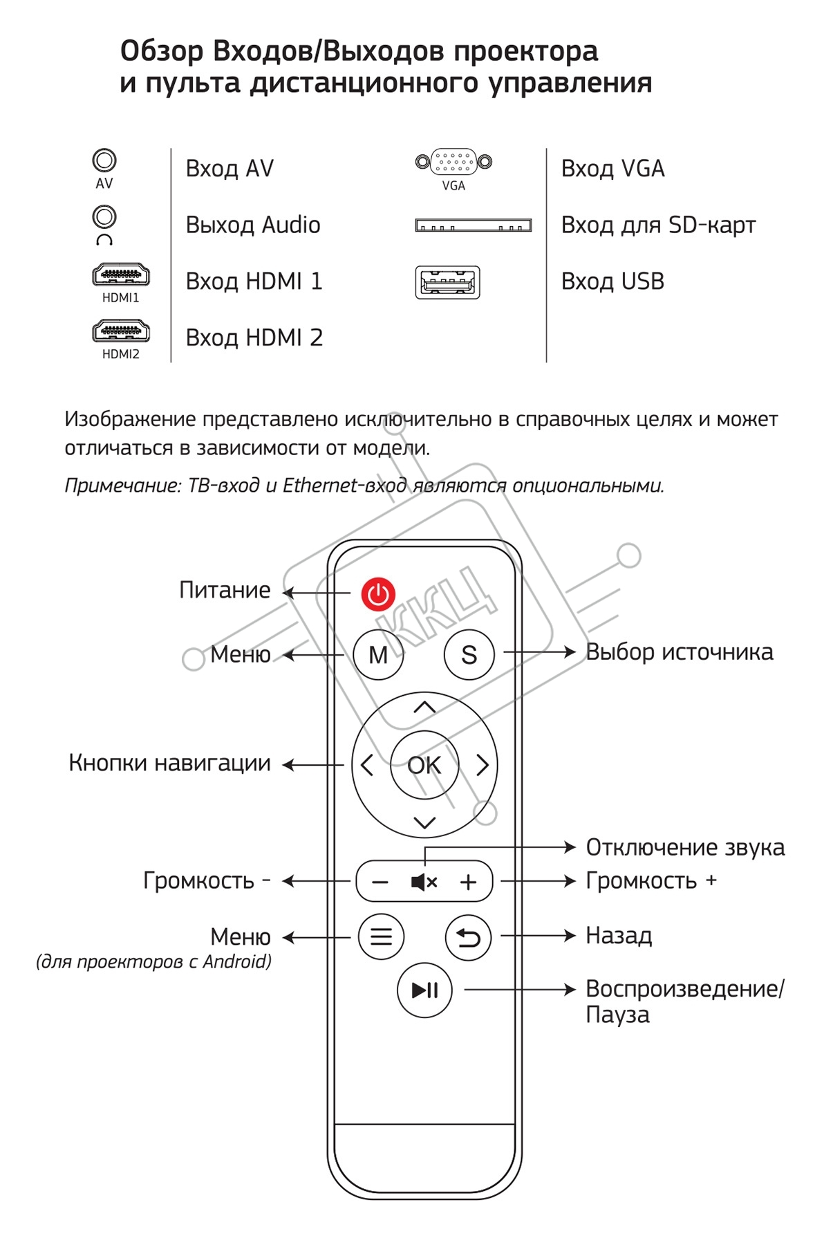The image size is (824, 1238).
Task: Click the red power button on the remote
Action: pyautogui.click(x=378, y=594)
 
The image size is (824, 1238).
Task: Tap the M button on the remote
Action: pyautogui.click(x=378, y=654)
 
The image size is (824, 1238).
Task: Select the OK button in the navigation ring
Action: pyautogui.click(x=424, y=765)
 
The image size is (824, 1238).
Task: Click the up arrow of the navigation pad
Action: pyautogui.click(x=424, y=708)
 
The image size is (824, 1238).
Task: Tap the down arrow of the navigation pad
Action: pyautogui.click(x=424, y=822)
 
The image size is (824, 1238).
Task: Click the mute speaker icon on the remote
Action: pyautogui.click(x=424, y=882)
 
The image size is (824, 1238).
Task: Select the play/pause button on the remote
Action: pyautogui.click(x=424, y=990)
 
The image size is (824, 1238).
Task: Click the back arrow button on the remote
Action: pyautogui.click(x=468, y=938)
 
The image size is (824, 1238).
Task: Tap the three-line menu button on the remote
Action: pyautogui.click(x=381, y=937)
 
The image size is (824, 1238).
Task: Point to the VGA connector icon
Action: pyautogui.click(x=453, y=163)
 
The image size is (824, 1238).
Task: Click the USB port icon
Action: pyautogui.click(x=447, y=282)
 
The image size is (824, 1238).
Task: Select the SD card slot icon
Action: pyautogui.click(x=474, y=225)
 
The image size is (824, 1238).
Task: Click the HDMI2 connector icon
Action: pyautogui.click(x=121, y=331)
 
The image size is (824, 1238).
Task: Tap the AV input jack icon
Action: pyautogui.click(x=104, y=161)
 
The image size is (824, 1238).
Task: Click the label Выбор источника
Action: pyautogui.click(x=680, y=652)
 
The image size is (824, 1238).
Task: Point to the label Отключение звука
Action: pyautogui.click(x=685, y=847)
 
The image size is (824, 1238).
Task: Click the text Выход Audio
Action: pyautogui.click(x=253, y=225)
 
